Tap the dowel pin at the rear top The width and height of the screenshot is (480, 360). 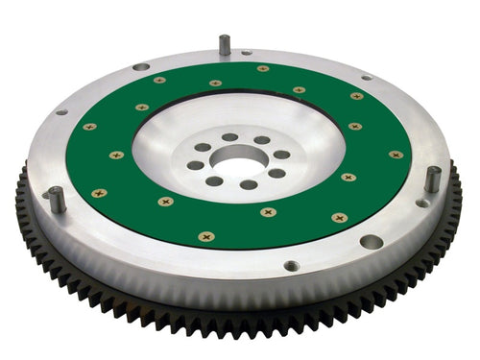(224, 44)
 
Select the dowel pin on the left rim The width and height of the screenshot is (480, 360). (58, 199)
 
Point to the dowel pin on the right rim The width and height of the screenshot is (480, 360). (433, 179)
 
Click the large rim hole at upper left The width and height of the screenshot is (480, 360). (141, 66)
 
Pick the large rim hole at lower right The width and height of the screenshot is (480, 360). (370, 242)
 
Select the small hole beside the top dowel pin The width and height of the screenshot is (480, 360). (246, 52)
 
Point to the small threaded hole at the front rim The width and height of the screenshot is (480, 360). (291, 266)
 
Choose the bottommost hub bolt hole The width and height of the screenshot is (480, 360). (247, 184)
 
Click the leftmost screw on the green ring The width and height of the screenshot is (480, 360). (89, 127)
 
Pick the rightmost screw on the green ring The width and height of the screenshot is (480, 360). (395, 154)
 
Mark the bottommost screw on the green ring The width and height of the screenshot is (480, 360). (205, 235)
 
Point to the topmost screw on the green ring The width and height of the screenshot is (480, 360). (262, 68)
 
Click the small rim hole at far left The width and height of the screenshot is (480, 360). (61, 111)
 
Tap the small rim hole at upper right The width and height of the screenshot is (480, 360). (366, 77)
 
